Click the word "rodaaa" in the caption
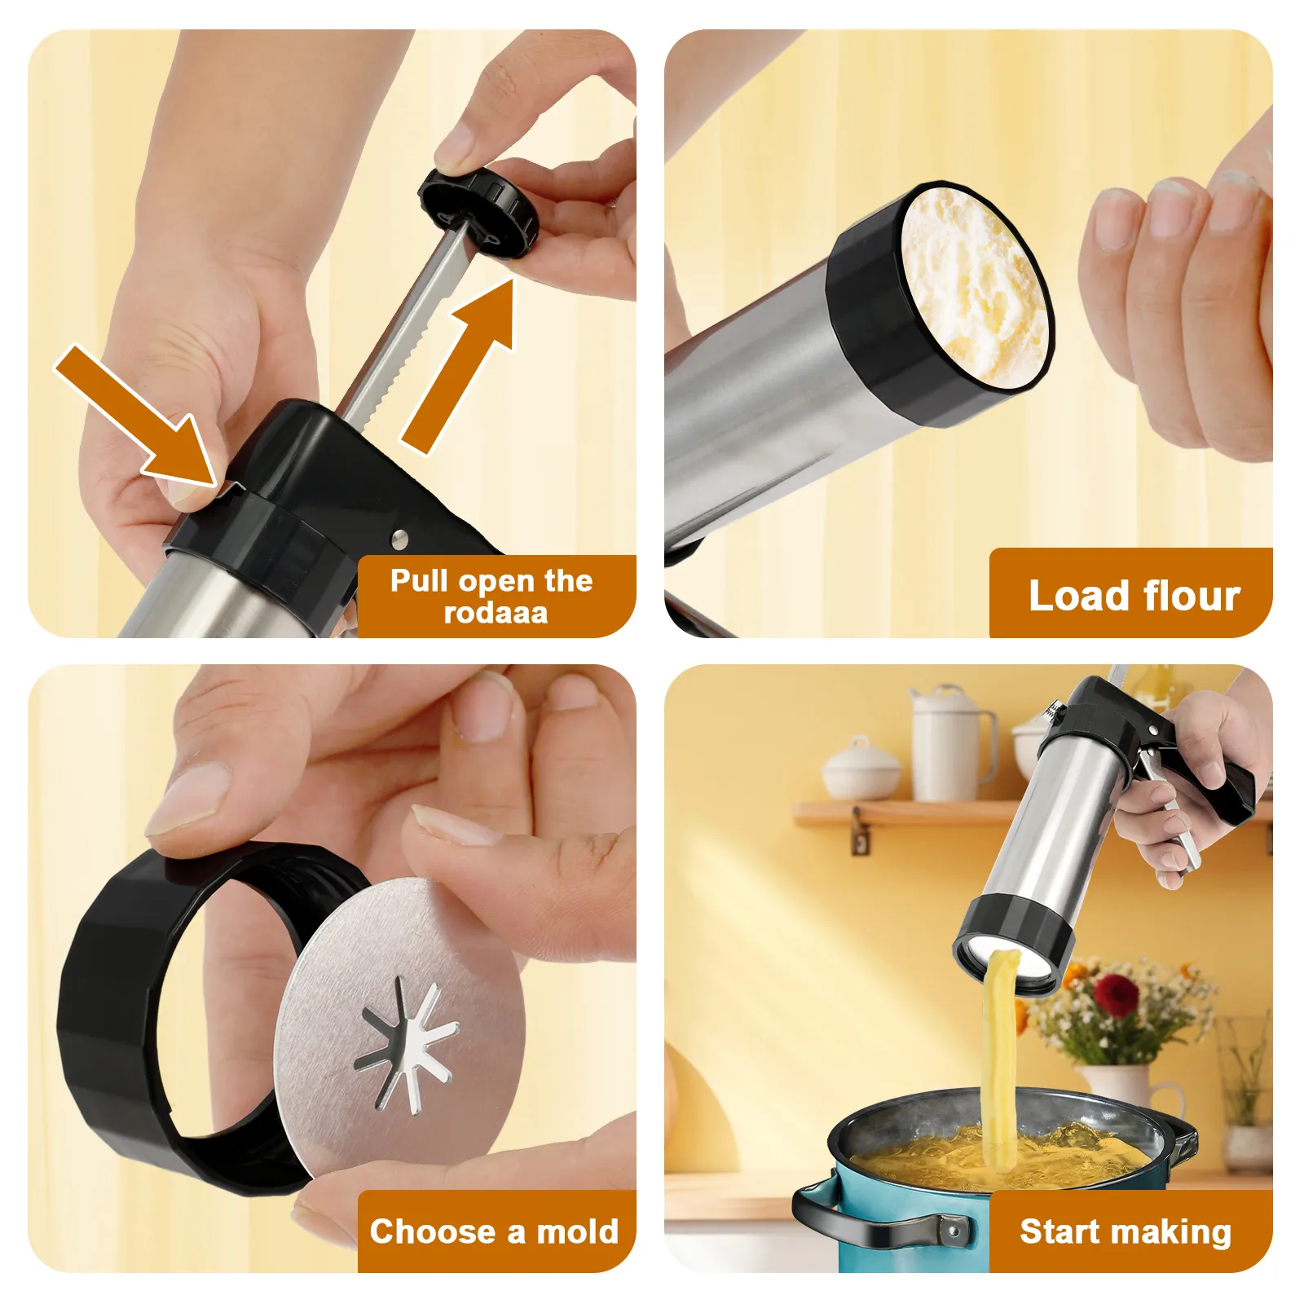(496, 613)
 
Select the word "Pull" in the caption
(419, 581)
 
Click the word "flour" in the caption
(1192, 596)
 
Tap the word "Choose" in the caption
(433, 1231)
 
